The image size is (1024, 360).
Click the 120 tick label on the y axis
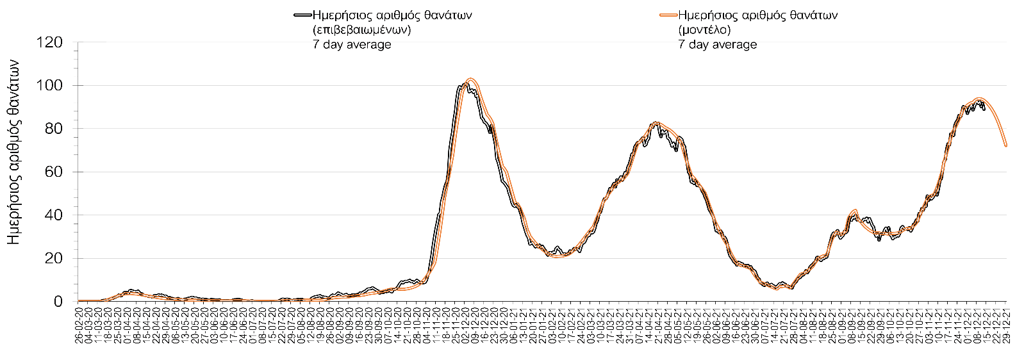coord(50,43)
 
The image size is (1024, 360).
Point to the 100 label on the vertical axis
coord(50,86)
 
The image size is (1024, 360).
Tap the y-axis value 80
coord(54,129)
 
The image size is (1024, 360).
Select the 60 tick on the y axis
coord(54,172)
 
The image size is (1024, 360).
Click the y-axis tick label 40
coord(54,215)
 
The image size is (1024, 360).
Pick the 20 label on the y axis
coord(54,259)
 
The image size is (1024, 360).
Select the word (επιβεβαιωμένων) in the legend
coord(361,30)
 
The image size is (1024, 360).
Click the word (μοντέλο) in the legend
coord(704,30)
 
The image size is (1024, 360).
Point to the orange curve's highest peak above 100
coord(470,79)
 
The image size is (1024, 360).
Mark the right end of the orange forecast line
coord(1006,146)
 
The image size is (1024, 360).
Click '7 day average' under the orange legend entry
coord(718,45)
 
